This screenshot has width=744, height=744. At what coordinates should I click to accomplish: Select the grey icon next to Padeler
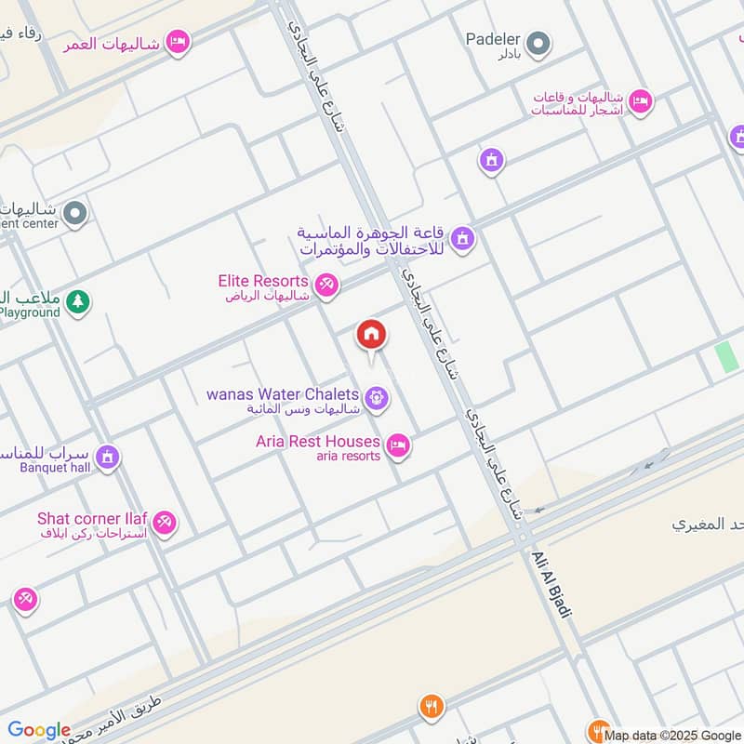(538, 43)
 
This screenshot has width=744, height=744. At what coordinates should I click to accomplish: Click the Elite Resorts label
(263, 281)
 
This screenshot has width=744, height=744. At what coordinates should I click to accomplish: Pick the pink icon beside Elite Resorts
(325, 285)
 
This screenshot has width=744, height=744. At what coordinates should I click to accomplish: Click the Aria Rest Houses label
(318, 442)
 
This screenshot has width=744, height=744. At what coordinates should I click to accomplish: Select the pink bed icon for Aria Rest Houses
(398, 446)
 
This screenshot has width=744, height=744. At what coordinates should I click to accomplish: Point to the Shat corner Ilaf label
(92, 519)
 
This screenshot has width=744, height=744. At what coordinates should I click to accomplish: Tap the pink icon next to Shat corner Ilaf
(165, 524)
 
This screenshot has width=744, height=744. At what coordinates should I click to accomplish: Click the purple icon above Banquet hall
(108, 458)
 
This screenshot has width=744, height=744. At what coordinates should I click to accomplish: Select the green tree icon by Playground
(79, 301)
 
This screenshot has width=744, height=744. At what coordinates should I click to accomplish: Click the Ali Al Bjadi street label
(551, 583)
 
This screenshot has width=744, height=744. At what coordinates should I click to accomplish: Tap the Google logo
(39, 730)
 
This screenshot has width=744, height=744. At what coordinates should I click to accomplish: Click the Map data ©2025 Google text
(671, 735)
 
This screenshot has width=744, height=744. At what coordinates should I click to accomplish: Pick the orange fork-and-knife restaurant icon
(429, 705)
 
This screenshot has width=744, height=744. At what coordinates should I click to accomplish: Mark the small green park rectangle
(724, 358)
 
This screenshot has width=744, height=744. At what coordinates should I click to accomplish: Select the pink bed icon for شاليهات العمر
(178, 42)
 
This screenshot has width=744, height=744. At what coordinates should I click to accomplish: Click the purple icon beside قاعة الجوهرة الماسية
(462, 241)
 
